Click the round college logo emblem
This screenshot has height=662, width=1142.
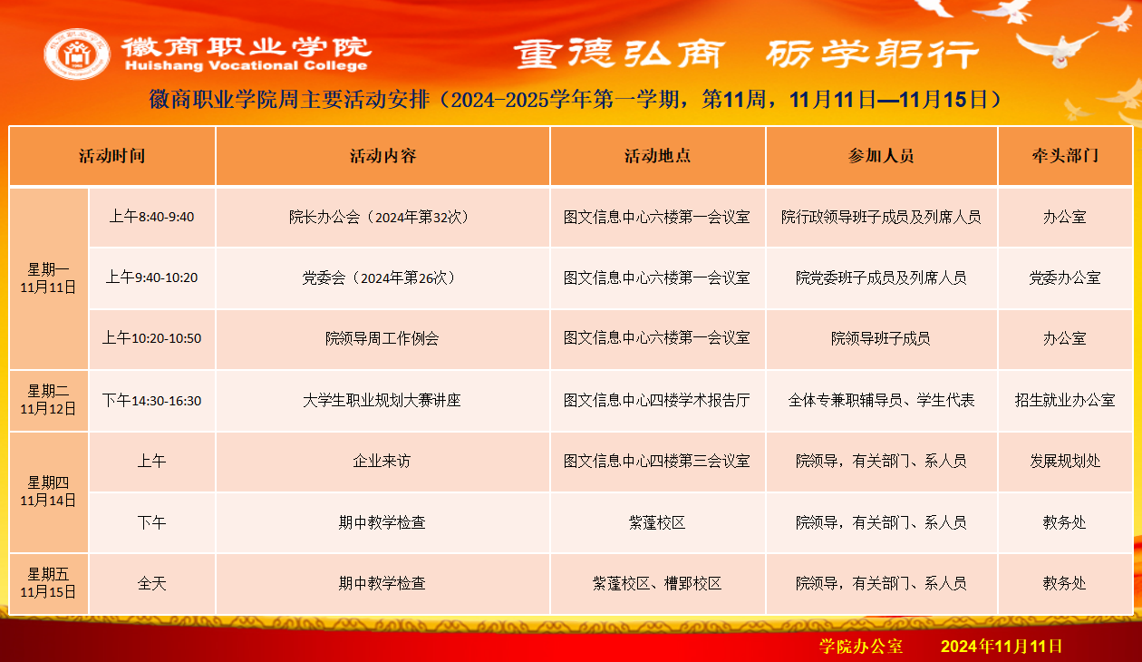point(77,54)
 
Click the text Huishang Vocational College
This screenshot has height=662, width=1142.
point(246,66)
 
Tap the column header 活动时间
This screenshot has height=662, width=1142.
point(112,156)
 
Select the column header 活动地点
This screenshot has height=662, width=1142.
point(658,156)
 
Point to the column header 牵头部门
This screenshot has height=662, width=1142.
point(1065,156)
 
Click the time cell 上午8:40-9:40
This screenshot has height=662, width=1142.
point(152,218)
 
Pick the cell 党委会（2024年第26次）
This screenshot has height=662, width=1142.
point(382,278)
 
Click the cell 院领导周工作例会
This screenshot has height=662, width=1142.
point(382,338)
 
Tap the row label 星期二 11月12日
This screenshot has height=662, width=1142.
point(48,400)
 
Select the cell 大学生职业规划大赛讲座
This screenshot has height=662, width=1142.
point(382,400)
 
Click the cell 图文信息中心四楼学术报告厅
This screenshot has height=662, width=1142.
point(656,400)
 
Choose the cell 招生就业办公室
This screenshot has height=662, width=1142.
point(1065,400)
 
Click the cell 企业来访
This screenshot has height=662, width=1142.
point(382,462)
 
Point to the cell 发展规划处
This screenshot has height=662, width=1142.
point(1065,462)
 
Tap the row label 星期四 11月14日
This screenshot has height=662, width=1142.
point(48,492)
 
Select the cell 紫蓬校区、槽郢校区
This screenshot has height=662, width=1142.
point(656,583)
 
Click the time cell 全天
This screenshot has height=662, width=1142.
point(152,583)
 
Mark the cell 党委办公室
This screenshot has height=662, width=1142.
point(1065,278)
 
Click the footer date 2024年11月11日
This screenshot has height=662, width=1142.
point(1002,647)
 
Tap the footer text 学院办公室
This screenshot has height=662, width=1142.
point(861,647)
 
